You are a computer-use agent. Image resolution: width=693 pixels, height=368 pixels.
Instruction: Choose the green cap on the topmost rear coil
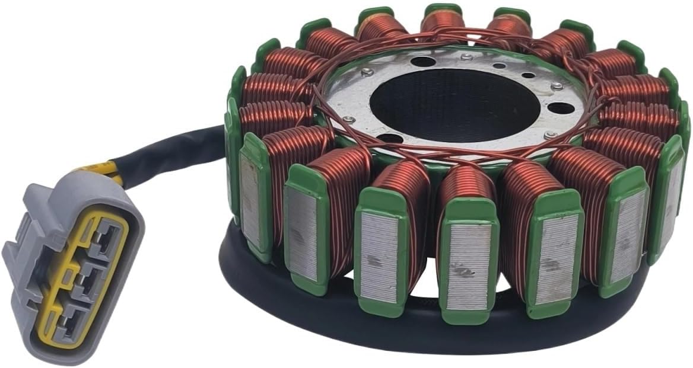[x=443, y=9]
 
